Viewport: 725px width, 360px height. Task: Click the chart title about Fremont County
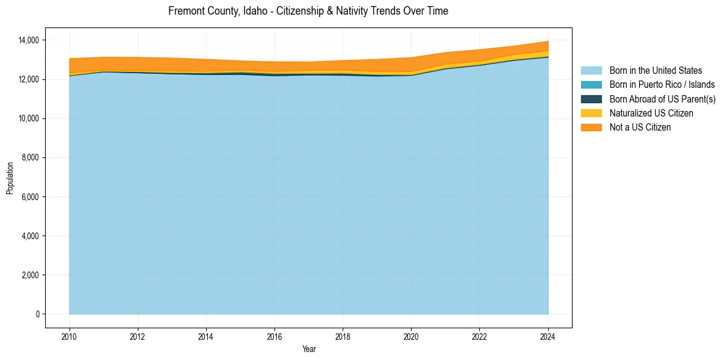click(308, 11)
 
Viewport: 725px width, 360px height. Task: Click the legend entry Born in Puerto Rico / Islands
click(662, 85)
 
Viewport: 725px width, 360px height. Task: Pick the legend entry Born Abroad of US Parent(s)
click(662, 99)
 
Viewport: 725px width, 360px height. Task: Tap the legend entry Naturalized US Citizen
click(651, 113)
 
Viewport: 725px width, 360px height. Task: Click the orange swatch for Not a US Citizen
click(591, 128)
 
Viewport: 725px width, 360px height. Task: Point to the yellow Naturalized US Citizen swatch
click(591, 113)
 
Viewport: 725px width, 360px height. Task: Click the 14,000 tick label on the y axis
click(29, 40)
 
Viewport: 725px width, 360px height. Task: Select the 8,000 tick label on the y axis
click(31, 158)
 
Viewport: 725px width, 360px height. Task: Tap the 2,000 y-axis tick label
click(31, 275)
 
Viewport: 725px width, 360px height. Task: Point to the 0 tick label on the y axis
click(37, 314)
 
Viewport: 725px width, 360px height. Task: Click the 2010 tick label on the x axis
click(70, 336)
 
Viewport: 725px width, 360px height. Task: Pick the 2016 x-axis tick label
click(275, 336)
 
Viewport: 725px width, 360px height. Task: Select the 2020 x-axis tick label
click(412, 336)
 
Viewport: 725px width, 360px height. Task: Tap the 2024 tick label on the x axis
click(548, 336)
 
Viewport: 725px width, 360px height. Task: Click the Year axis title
click(309, 349)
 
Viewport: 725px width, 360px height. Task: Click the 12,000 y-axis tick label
click(29, 79)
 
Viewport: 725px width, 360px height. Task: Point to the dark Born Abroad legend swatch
click(591, 99)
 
